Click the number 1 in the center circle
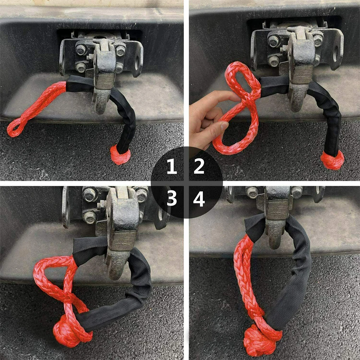point(172,166)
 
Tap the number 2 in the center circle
point(199,166)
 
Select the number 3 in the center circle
point(172,198)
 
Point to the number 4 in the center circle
point(199,199)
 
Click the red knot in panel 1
point(120,155)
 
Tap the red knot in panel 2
point(332,160)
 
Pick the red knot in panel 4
point(259,340)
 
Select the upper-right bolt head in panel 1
point(120,50)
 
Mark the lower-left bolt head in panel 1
point(80,67)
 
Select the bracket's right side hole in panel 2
point(336,54)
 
